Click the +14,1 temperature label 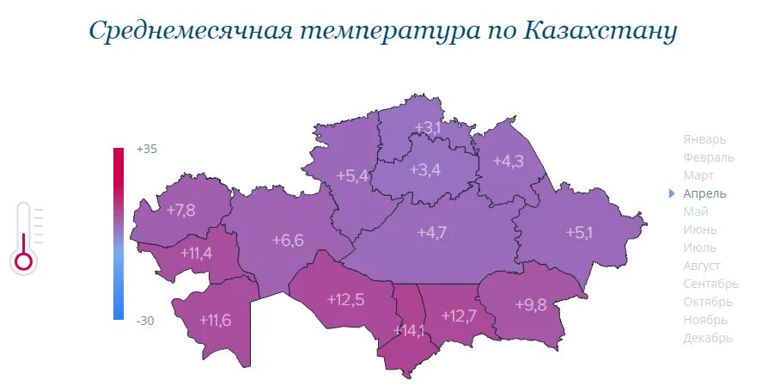(x=409, y=331)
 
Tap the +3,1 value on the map (x=427, y=128)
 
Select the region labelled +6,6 (x=288, y=240)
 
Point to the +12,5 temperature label (x=346, y=299)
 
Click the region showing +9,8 (x=531, y=304)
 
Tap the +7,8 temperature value (x=181, y=210)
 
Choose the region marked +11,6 (x=215, y=320)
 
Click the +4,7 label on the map (x=431, y=232)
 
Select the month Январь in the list (x=704, y=139)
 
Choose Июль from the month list (x=700, y=248)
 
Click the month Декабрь (x=708, y=338)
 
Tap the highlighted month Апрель (x=704, y=193)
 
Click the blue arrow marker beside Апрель (x=672, y=193)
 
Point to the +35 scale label (x=147, y=149)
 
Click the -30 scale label (x=146, y=321)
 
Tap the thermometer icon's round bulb (x=23, y=260)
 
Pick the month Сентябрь (x=710, y=284)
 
